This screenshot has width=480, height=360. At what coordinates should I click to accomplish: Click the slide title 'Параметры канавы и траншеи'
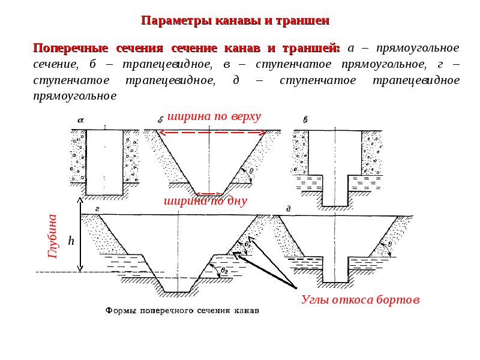(235, 21)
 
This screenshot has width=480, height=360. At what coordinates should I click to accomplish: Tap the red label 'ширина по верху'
(214, 116)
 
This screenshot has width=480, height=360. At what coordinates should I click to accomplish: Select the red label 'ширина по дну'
(205, 202)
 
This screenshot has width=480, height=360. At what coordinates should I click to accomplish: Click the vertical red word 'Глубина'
(52, 236)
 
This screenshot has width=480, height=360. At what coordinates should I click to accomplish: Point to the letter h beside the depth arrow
(71, 241)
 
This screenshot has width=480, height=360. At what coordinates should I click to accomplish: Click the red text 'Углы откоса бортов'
(360, 299)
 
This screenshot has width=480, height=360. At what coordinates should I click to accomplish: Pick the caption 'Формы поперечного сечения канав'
(182, 312)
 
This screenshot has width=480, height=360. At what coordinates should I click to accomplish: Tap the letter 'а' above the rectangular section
(80, 119)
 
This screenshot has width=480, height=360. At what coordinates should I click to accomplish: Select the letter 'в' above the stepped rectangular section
(305, 120)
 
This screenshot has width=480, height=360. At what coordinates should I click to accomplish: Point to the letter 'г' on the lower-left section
(96, 209)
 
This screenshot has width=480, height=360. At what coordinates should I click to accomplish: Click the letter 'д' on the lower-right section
(289, 209)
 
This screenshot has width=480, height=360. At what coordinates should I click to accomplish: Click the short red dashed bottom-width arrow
(206, 194)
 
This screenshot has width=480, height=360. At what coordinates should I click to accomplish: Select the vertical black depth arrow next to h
(79, 235)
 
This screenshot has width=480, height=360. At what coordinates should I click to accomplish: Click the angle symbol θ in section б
(251, 171)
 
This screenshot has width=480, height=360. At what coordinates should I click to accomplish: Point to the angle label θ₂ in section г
(224, 271)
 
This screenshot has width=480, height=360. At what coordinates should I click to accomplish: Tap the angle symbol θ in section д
(390, 244)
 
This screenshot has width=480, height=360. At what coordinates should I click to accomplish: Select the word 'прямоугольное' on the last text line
(75, 96)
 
